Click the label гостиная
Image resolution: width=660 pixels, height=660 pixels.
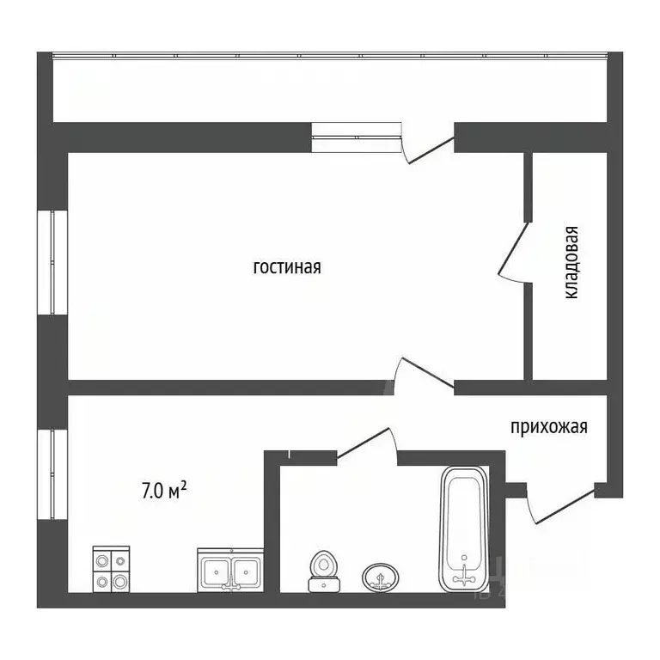[x=287, y=267]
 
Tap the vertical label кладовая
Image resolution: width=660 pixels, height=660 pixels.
[x=571, y=263]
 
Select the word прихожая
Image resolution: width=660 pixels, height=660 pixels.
[x=549, y=427]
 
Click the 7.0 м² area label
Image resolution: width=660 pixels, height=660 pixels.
[x=164, y=491]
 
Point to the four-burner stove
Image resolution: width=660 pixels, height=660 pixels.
[x=111, y=569]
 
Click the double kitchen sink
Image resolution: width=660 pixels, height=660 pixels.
[x=230, y=571]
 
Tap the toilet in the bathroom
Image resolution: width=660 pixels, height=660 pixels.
[x=323, y=571]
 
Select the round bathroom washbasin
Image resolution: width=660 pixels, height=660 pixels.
[x=381, y=577]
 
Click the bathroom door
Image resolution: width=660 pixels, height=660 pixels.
[x=367, y=445]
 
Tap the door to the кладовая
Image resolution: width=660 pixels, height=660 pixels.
[x=515, y=252]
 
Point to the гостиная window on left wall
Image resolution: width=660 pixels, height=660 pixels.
[x=52, y=262]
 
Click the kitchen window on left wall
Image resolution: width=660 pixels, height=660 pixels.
[x=52, y=474]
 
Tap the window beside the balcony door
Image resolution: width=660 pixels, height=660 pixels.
[x=356, y=137]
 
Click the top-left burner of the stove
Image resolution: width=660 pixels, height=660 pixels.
[x=102, y=561]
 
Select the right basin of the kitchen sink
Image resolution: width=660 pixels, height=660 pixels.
[x=247, y=571]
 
